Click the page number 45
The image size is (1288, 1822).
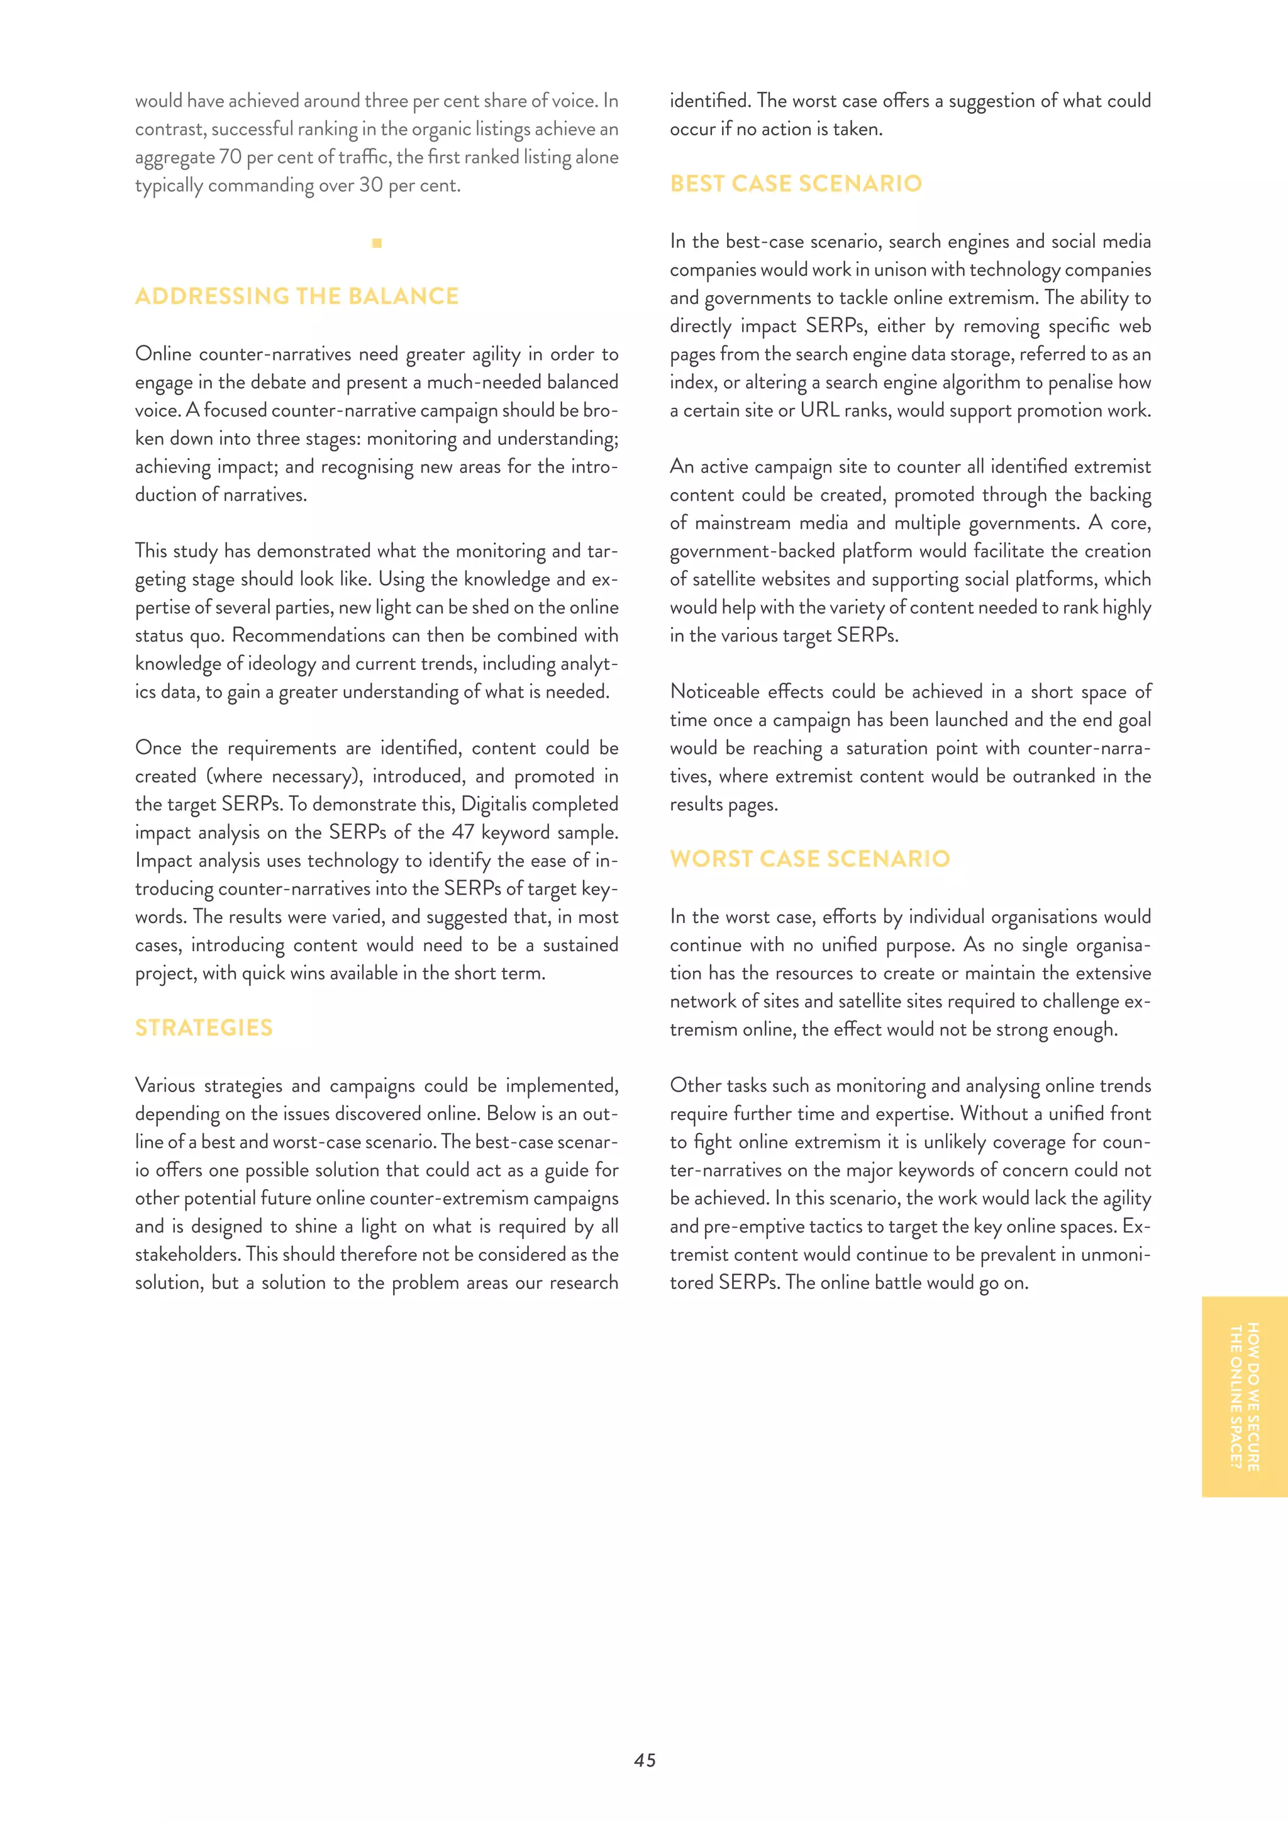coord(645,1760)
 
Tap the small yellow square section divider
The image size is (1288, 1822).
coord(377,243)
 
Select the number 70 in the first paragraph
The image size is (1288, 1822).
coord(230,157)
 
